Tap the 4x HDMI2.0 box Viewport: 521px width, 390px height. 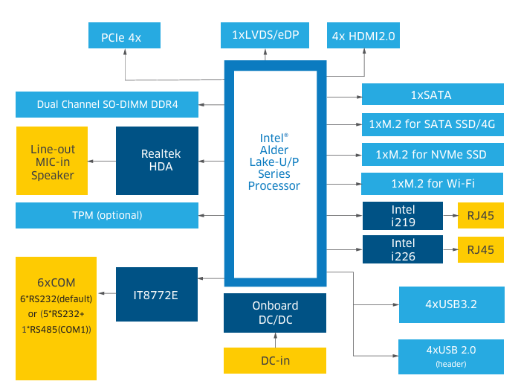364,35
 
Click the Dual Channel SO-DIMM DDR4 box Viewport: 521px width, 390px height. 107,105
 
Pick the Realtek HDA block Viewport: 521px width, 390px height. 157,160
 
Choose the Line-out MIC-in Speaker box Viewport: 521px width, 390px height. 53,162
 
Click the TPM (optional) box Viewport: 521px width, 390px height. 107,215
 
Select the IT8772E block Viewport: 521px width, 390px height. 157,295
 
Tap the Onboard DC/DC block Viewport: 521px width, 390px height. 275,312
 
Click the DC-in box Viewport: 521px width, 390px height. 275,360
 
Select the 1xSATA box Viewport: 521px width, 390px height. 431,95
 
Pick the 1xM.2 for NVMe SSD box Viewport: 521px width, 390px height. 431,155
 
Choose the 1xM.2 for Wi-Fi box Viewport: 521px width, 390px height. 431,183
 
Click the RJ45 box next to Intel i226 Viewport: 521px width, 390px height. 480,249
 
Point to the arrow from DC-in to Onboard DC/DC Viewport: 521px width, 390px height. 275,339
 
